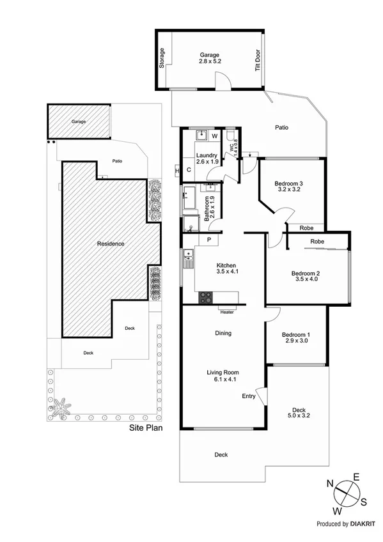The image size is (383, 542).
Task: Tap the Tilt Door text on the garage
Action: [258, 59]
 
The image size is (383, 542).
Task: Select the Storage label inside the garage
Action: [162, 59]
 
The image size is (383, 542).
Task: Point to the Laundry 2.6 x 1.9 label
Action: [208, 159]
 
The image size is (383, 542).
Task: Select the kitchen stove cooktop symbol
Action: [207, 297]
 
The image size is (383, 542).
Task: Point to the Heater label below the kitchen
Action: [226, 313]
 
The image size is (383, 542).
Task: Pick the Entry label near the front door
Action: [249, 396]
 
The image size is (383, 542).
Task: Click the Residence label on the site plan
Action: [110, 244]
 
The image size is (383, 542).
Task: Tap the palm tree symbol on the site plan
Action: [60, 407]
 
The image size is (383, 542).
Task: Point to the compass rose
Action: [346, 493]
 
